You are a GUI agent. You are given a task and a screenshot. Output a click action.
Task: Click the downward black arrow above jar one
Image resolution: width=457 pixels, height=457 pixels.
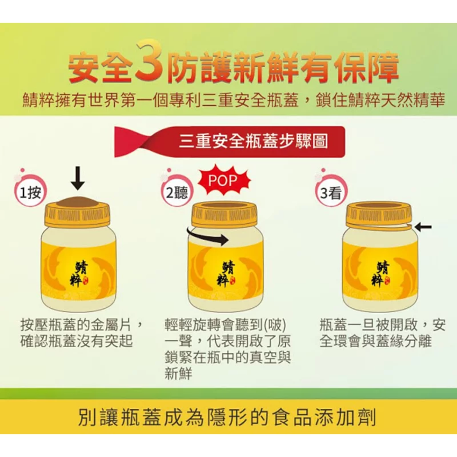click(78, 179)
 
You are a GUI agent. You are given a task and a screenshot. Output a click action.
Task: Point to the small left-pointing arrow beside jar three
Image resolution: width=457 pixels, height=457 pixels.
click(423, 227)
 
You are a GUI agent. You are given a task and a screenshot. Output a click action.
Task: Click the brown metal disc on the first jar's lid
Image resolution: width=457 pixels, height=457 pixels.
click(80, 202)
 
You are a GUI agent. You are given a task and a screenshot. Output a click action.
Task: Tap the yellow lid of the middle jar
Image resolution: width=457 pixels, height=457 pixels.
click(228, 215)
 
